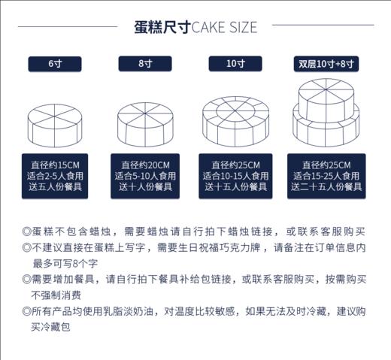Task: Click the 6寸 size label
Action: click(x=55, y=64)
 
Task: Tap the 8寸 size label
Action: click(x=145, y=64)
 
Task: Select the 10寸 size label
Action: click(x=235, y=64)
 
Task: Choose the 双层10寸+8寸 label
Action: click(x=326, y=64)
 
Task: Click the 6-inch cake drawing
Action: click(x=56, y=126)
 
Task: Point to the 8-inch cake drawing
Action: click(x=145, y=123)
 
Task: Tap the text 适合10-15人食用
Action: click(x=235, y=176)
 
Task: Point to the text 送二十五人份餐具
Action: click(x=326, y=186)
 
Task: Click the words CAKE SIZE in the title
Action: click(x=224, y=28)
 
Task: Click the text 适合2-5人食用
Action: click(x=56, y=176)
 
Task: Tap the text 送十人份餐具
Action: click(x=145, y=186)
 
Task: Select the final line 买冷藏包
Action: click(x=50, y=328)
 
